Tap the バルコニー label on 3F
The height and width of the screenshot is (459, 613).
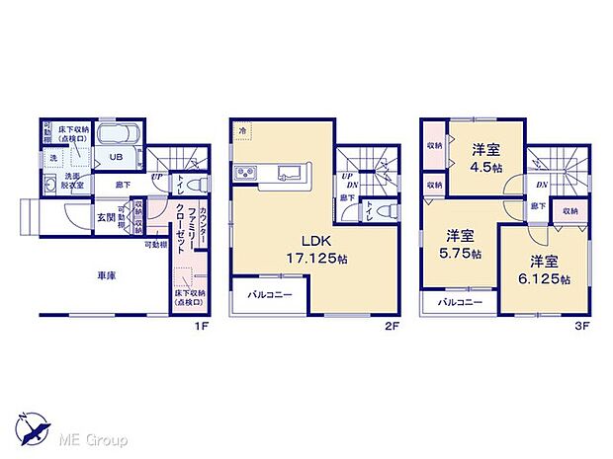pyautogui.click(x=458, y=302)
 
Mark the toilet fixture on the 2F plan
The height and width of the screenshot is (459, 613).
pyautogui.click(x=391, y=210)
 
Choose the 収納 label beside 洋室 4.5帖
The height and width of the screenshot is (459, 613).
pyautogui.click(x=435, y=146)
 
